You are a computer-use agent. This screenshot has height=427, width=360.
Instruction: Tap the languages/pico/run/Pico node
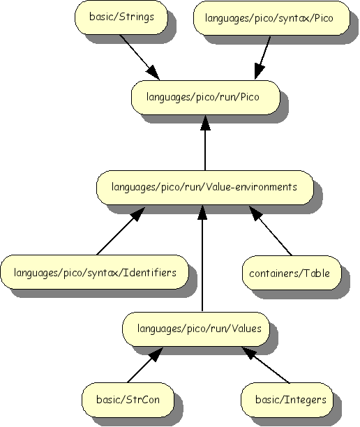click(204, 97)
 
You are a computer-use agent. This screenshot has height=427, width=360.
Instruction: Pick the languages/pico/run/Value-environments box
click(204, 187)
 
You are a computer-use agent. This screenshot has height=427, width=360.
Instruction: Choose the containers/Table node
click(290, 272)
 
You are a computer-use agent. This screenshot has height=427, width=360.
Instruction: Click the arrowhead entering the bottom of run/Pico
click(204, 122)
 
